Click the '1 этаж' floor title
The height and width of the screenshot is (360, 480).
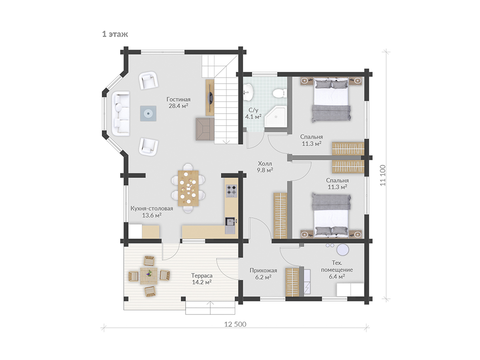point(115,34)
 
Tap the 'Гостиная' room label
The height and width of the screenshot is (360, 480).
point(178,99)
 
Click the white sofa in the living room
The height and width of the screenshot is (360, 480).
point(120,113)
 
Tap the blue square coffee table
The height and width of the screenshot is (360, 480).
point(148,113)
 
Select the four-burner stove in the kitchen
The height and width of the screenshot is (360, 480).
point(231,190)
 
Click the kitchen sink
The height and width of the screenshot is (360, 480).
point(231,224)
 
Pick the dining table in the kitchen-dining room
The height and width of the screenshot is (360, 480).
point(188,188)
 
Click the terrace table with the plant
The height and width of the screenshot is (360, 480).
point(149,276)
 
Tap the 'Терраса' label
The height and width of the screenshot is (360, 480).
point(202,275)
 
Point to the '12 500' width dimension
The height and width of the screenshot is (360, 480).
point(235,324)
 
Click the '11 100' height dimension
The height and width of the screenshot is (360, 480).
point(382,175)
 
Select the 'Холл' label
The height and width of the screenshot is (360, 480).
point(265,164)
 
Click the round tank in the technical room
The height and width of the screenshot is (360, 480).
point(343,250)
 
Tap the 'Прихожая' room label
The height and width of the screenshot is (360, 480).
point(263,270)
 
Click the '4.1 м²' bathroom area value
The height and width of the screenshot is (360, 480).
point(253,117)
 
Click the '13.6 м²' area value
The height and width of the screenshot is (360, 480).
point(152,215)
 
